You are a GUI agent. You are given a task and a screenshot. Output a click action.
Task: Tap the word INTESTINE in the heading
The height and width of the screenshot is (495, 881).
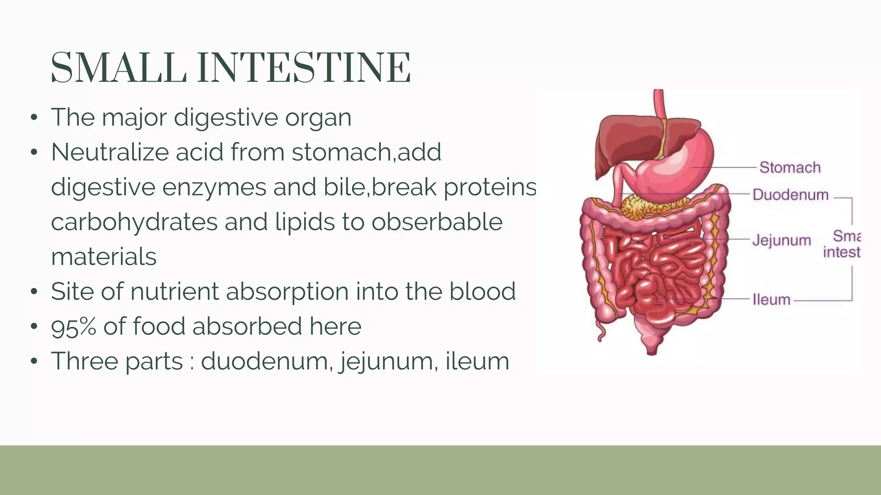pyautogui.click(x=304, y=68)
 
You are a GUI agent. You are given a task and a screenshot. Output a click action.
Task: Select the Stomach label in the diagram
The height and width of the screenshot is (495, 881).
pyautogui.click(x=790, y=167)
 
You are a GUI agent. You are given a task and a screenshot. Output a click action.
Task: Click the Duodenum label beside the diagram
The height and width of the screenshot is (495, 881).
pyautogui.click(x=790, y=195)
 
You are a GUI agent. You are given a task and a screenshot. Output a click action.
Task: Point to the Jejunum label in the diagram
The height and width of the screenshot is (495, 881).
pyautogui.click(x=782, y=240)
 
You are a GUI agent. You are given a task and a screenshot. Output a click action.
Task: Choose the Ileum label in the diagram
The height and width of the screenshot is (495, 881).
pyautogui.click(x=771, y=299)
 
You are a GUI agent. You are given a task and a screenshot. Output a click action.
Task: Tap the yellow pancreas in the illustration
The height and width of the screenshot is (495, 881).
pyautogui.click(x=645, y=206)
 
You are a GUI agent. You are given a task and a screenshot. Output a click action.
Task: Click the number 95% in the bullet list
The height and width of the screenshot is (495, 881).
pyautogui.click(x=74, y=327)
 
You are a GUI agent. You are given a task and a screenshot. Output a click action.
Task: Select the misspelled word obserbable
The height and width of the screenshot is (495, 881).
pyautogui.click(x=437, y=222)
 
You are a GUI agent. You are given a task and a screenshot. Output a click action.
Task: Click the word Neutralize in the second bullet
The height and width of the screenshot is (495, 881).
pyautogui.click(x=110, y=152)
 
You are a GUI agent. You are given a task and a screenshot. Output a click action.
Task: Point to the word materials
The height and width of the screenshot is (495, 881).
pyautogui.click(x=104, y=257)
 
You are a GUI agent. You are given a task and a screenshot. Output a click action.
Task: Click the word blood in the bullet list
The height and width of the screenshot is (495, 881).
pyautogui.click(x=482, y=291)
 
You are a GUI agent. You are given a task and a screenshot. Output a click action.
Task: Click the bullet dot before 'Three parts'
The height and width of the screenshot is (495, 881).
pyautogui.click(x=34, y=361)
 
